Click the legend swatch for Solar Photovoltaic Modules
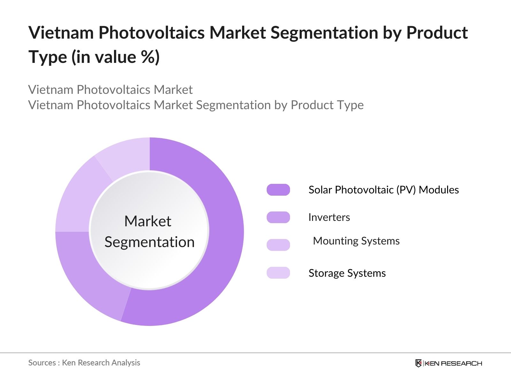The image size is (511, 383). click(x=278, y=190)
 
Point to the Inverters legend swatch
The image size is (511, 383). click(x=278, y=217)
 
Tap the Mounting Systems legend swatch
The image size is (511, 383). click(x=278, y=245)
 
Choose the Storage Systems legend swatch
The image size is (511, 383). click(x=278, y=273)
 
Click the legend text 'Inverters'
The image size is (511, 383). click(x=329, y=217)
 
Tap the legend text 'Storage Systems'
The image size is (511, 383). click(x=347, y=273)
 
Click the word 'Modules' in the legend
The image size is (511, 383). click(x=439, y=190)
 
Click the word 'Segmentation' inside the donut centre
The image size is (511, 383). click(x=149, y=242)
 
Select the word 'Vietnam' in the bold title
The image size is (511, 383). click(x=61, y=32)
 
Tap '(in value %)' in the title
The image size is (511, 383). click(x=116, y=57)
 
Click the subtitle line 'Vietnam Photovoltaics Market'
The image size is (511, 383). click(x=111, y=90)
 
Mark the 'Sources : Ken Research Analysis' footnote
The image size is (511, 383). click(x=84, y=363)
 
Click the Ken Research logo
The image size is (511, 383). click(x=448, y=363)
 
